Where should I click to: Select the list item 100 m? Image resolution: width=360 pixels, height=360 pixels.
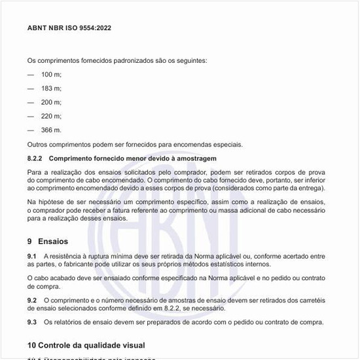click(51, 75)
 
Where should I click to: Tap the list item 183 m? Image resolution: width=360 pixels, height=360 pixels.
click(51, 88)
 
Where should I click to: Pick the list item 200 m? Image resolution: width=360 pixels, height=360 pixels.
click(51, 102)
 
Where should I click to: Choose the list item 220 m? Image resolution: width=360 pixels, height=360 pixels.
click(51, 116)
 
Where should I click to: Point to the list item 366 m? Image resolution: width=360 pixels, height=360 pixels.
click(51, 130)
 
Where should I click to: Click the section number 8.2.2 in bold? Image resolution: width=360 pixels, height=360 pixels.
click(35, 158)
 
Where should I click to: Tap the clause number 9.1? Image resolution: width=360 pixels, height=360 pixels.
click(32, 255)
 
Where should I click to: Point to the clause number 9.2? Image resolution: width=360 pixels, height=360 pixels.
click(32, 300)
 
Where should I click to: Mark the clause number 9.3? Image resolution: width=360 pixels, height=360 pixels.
click(32, 322)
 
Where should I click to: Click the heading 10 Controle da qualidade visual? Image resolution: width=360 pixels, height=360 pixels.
click(86, 344)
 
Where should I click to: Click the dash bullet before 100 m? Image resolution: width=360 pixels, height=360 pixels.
click(31, 75)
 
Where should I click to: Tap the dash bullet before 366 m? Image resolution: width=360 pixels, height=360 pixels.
click(31, 130)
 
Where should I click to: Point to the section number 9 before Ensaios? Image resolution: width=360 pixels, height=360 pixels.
click(30, 242)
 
